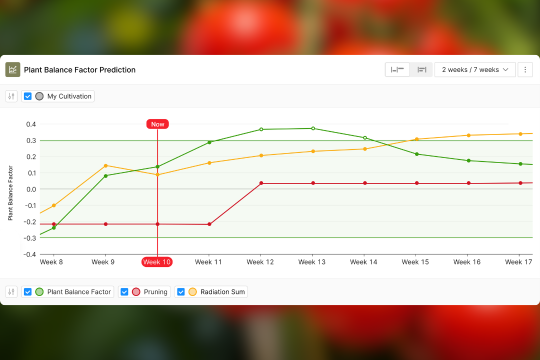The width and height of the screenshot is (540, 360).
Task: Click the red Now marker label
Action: pyautogui.click(x=157, y=124)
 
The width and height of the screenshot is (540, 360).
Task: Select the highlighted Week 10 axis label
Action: pyautogui.click(x=157, y=261)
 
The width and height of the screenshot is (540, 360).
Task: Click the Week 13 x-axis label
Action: pyautogui.click(x=312, y=261)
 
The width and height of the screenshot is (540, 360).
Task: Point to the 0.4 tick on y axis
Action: pyautogui.click(x=31, y=124)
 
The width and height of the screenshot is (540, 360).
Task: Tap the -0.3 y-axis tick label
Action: pyautogui.click(x=30, y=238)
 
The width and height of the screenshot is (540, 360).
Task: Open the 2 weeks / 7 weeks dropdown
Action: pyautogui.click(x=474, y=69)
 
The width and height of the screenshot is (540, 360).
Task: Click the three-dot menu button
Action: pyautogui.click(x=525, y=69)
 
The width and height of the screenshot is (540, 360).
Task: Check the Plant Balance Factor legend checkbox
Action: pyautogui.click(x=28, y=292)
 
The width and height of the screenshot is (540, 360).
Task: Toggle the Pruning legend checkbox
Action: pyautogui.click(x=124, y=292)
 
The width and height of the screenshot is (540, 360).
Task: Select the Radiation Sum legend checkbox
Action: pyautogui.click(x=181, y=292)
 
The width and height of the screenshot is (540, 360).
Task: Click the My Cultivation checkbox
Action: pyautogui.click(x=28, y=96)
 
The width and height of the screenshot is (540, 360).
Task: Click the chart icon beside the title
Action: pyautogui.click(x=12, y=69)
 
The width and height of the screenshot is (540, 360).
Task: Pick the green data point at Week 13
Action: pyautogui.click(x=313, y=128)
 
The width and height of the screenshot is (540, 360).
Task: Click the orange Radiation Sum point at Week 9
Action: pyautogui.click(x=105, y=165)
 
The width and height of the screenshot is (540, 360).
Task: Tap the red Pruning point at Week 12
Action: pyautogui.click(x=261, y=183)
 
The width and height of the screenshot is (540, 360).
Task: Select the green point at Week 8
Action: pyautogui.click(x=54, y=228)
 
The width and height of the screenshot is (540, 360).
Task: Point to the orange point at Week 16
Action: pyautogui.click(x=468, y=135)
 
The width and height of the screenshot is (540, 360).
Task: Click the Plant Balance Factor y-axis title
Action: pyautogui.click(x=10, y=193)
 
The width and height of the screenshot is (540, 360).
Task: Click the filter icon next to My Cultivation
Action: pyautogui.click(x=11, y=96)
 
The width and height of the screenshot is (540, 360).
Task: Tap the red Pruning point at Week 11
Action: pyautogui.click(x=209, y=224)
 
